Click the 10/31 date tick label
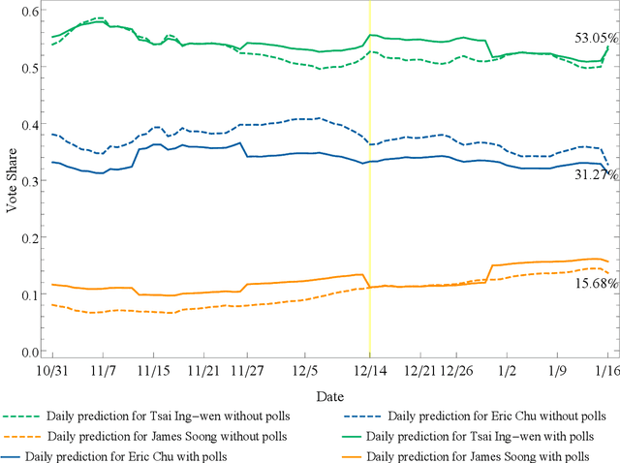click(51, 371)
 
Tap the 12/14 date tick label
click(369, 371)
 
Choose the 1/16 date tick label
click(607, 371)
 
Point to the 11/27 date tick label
click(249, 371)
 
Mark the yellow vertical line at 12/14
click(369, 194)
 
